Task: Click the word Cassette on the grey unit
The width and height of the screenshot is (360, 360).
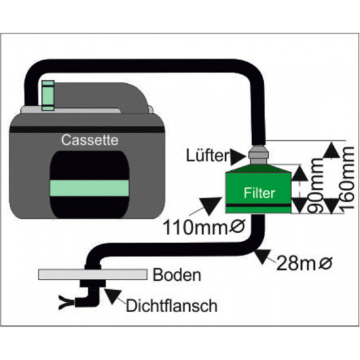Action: click(90, 140)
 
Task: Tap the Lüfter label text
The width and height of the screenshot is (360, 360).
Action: click(207, 156)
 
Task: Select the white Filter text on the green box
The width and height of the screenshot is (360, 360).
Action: click(259, 193)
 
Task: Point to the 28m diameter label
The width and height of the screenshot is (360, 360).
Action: click(304, 263)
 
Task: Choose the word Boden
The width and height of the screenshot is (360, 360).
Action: click(177, 275)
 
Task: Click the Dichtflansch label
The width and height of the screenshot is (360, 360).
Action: click(171, 306)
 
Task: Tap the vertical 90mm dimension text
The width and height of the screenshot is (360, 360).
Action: click(316, 185)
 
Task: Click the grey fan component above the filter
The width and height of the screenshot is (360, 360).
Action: click(259, 154)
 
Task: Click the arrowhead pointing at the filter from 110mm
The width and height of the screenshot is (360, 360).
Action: click(210, 206)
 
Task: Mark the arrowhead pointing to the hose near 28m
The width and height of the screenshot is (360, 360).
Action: click(262, 256)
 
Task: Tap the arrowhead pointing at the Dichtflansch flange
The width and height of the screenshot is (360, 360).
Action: click(113, 296)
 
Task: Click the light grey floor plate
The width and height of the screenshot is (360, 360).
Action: click(93, 274)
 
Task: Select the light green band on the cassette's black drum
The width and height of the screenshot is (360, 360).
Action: click(89, 188)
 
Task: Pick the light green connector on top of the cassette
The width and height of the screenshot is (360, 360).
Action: click(48, 96)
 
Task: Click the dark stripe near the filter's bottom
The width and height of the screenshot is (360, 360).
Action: click(259, 205)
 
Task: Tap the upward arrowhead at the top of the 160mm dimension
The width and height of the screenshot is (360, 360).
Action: click(331, 150)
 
